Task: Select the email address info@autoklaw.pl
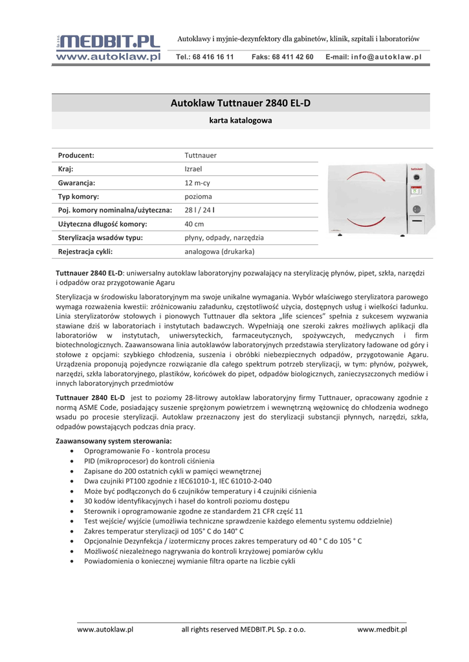pos(386,57)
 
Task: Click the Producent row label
pos(76,155)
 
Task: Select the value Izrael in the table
pos(193,169)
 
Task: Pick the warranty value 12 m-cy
pos(197,183)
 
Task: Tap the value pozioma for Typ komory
pos(198,197)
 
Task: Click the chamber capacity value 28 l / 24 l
pos(200,210)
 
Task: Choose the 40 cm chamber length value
pos(194,224)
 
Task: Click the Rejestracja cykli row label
pos(85,251)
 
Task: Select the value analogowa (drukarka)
pos(219,251)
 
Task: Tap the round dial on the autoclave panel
pos(417,209)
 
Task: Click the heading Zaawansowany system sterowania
pos(114,440)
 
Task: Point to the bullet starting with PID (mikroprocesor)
pos(149,461)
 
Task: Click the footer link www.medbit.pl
pos(382,629)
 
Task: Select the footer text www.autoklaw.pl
pos(105,629)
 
